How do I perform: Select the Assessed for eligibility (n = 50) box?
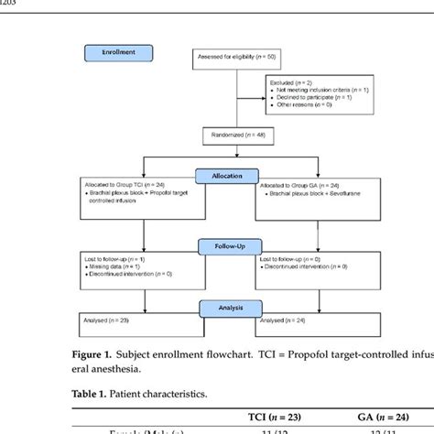[235, 59]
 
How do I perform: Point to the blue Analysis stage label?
[233, 309]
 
